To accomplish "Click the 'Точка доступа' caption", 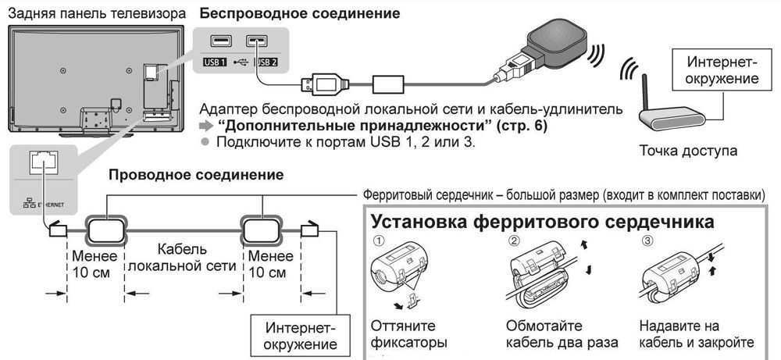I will [x=687, y=151].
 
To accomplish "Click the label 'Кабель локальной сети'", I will [x=181, y=257].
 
